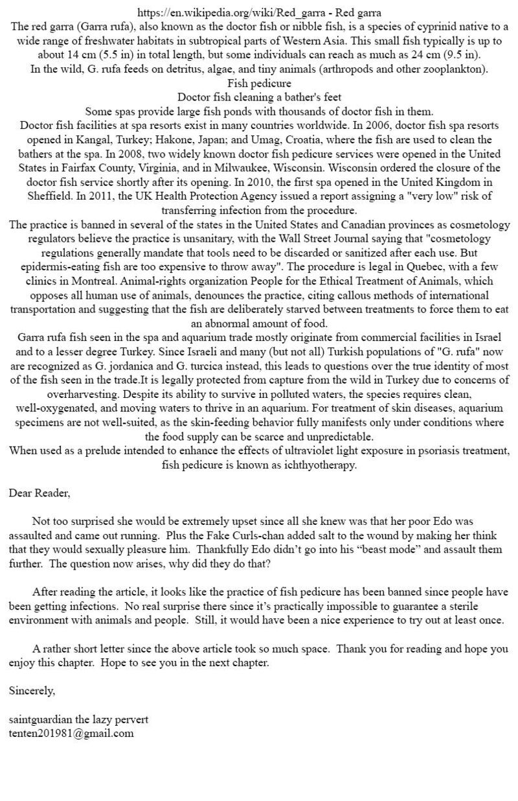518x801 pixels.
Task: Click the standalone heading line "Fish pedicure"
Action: pos(259,84)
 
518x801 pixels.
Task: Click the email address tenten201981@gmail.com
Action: pos(71,734)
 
